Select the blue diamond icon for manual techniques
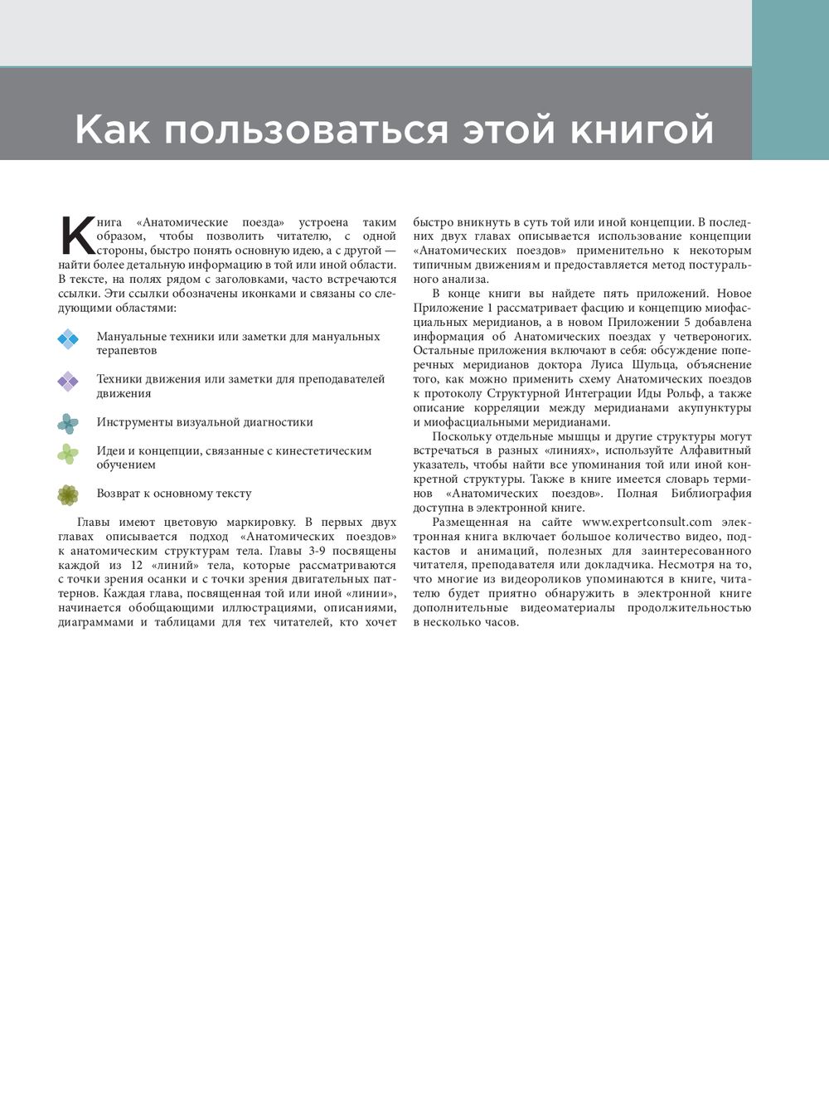68,338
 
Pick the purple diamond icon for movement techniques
68,382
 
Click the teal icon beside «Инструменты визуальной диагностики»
68,423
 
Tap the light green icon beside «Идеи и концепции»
68,454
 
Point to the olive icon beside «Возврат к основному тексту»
68,494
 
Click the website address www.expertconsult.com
647,522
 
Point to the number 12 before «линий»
137,565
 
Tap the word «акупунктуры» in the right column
715,407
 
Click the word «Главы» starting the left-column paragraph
95,522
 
